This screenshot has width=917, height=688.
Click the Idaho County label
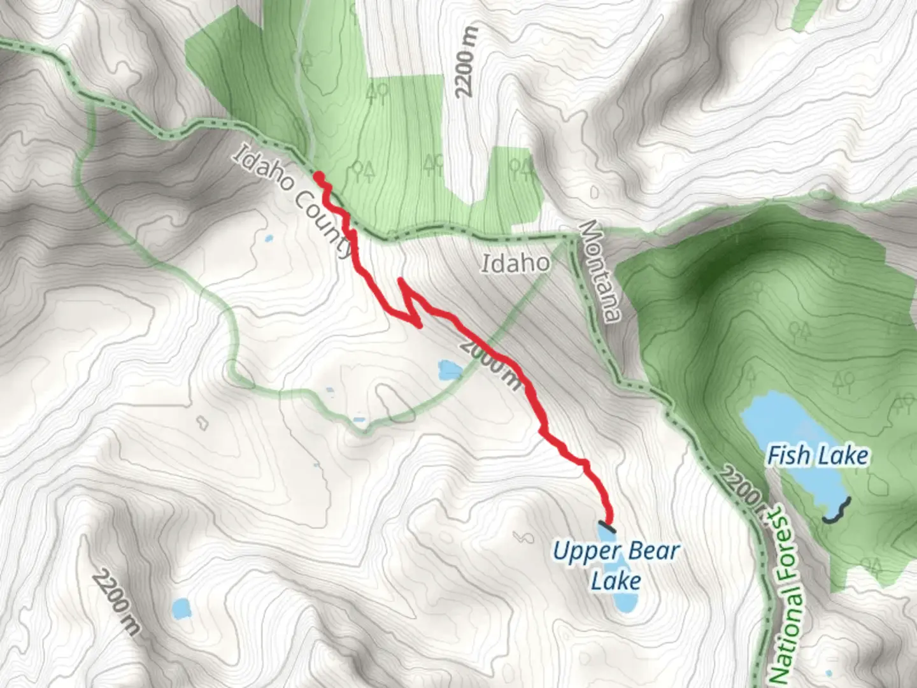click(x=294, y=201)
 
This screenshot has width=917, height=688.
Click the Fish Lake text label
click(x=817, y=456)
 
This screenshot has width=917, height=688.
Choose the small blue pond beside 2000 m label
click(x=450, y=369)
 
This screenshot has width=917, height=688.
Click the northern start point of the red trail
click(x=318, y=176)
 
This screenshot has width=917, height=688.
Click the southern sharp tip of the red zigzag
click(x=420, y=326)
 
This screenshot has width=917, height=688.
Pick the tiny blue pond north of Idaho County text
click(x=268, y=240)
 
